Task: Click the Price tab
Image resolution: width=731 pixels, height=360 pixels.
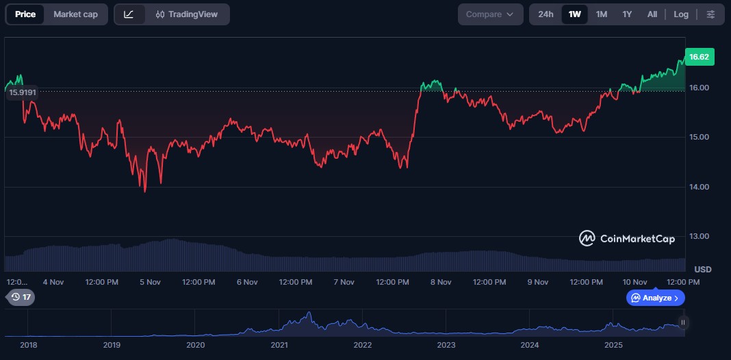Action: tap(25, 14)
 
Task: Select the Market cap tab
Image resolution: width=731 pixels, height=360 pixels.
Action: tap(75, 14)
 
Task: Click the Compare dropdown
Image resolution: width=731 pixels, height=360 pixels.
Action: tap(490, 14)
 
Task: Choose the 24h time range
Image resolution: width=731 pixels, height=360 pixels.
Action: tap(546, 14)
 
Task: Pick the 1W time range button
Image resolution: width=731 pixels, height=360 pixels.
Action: tap(575, 14)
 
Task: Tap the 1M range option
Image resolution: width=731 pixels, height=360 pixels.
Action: tap(602, 14)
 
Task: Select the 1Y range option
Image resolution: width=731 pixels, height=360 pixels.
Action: tap(627, 14)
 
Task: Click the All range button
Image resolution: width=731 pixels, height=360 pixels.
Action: tap(652, 14)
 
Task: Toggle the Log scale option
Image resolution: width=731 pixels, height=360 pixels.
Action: tap(681, 14)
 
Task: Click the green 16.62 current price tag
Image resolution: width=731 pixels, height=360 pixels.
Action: tap(699, 57)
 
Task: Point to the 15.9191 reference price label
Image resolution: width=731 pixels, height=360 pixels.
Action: tap(23, 92)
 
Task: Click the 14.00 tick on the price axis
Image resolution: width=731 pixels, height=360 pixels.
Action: tap(699, 187)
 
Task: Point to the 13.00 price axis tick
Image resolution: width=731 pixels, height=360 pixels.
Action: tap(699, 236)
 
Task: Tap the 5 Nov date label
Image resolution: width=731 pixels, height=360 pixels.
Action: tap(150, 282)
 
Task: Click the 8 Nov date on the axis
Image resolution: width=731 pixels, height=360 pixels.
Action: tap(441, 282)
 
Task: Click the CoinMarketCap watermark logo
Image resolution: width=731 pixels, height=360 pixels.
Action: tap(627, 238)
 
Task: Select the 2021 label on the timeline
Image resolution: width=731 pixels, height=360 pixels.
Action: tap(279, 345)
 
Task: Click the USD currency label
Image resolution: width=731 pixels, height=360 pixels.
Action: tap(703, 270)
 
